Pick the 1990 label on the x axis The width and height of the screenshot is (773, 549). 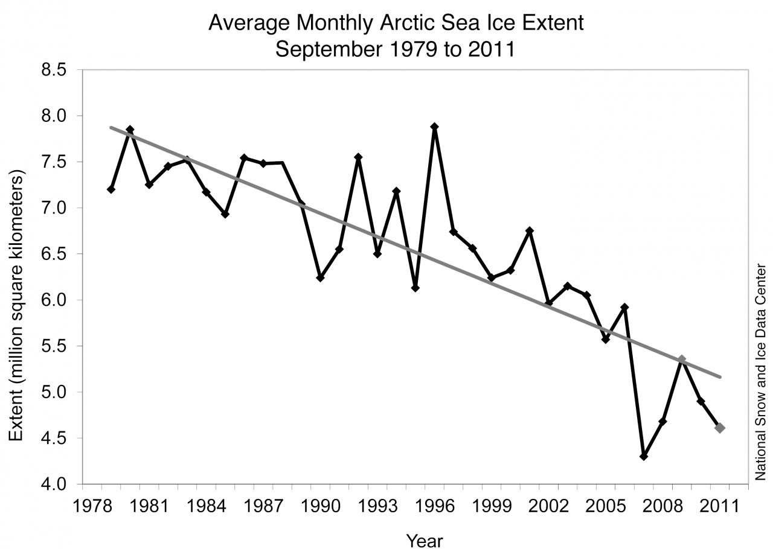pyautogui.click(x=320, y=506)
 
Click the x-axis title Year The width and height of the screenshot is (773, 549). pyautogui.click(x=424, y=541)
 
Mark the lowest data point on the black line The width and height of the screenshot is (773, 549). pyautogui.click(x=644, y=456)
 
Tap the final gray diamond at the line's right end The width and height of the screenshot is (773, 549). pyautogui.click(x=720, y=428)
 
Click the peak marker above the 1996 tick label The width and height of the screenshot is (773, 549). pyautogui.click(x=434, y=127)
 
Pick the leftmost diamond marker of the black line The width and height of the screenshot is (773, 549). pyautogui.click(x=111, y=189)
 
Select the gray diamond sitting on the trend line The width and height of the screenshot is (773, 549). pyautogui.click(x=682, y=360)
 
